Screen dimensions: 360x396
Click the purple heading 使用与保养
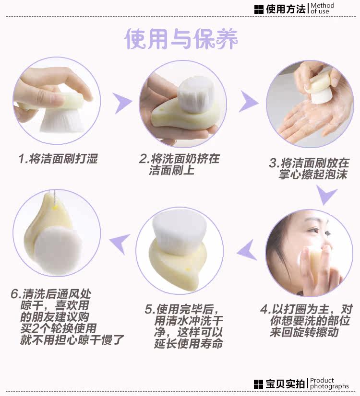(x=181, y=39)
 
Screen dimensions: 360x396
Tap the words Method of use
(x=323, y=8)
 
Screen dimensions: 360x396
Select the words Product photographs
(x=329, y=384)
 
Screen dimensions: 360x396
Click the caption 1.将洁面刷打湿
(x=58, y=159)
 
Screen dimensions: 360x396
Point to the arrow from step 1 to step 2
(x=122, y=103)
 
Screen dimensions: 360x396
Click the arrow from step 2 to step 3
(x=249, y=102)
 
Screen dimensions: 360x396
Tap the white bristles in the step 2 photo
(x=195, y=94)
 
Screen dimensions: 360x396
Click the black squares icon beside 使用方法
(x=259, y=9)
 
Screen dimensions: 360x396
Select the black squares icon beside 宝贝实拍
(x=258, y=384)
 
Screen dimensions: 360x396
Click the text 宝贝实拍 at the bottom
(x=285, y=384)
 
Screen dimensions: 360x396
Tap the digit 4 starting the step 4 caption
(x=264, y=309)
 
